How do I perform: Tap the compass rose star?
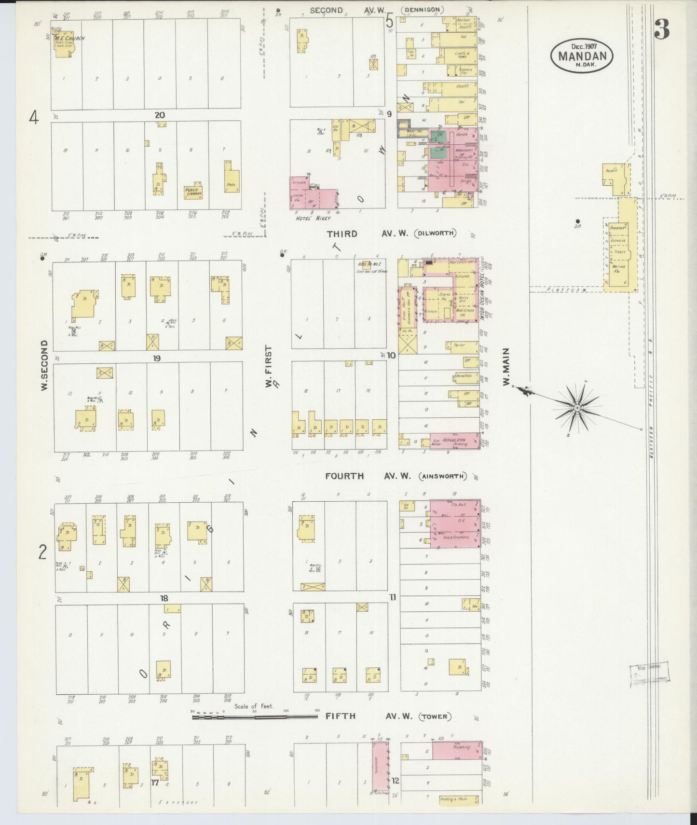577,408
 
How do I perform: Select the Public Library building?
194,192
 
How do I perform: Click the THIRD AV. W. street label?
367,234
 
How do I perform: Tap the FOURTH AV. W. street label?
368,476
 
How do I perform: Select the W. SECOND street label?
44,365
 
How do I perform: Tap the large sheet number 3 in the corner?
662,31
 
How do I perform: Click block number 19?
157,358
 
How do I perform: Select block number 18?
164,598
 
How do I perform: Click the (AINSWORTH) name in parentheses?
442,477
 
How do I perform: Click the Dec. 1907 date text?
584,46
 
